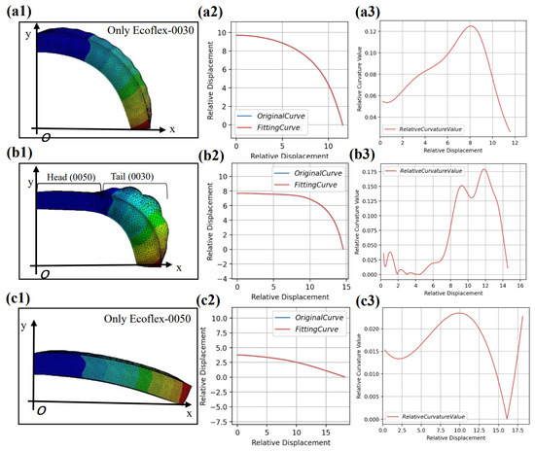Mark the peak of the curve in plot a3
coord(472,26)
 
